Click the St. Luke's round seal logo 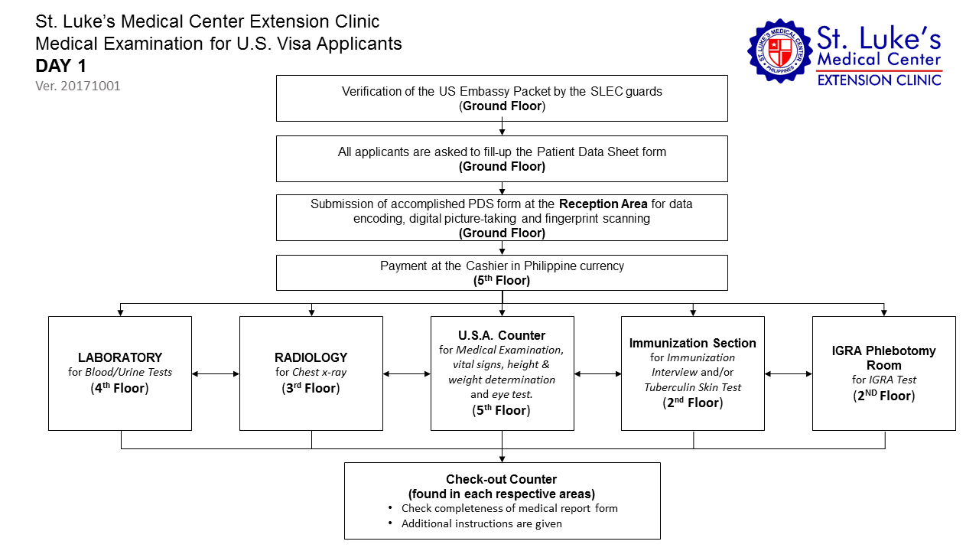(x=780, y=51)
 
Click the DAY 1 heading (x=61, y=66)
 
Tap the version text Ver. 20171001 (x=78, y=86)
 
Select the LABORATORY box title (x=120, y=357)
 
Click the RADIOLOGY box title (x=311, y=357)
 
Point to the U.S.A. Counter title (x=502, y=335)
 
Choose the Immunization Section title (x=692, y=343)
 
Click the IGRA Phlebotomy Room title (x=883, y=357)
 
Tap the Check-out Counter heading (x=502, y=480)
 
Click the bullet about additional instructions (x=482, y=523)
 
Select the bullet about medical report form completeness (x=509, y=508)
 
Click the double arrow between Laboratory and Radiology (x=216, y=374)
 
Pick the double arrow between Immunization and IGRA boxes (x=788, y=374)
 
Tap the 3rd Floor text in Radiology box (x=311, y=388)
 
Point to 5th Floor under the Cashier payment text (x=502, y=281)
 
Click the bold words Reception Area (x=603, y=204)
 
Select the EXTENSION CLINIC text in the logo (x=880, y=80)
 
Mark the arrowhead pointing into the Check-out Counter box (x=502, y=458)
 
